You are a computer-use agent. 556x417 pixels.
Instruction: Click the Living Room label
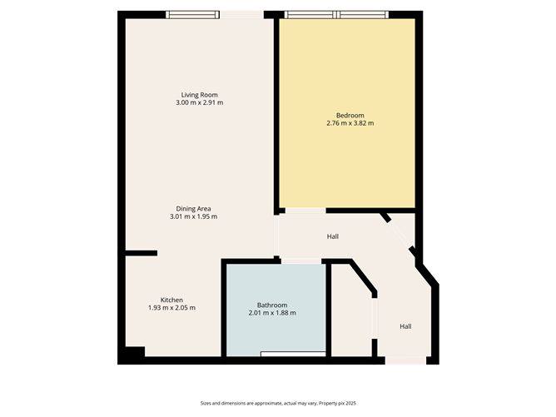pyautogui.click(x=200, y=94)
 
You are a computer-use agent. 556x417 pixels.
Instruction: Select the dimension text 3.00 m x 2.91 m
pyautogui.click(x=200, y=102)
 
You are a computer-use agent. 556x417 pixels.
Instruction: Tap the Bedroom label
pyautogui.click(x=350, y=115)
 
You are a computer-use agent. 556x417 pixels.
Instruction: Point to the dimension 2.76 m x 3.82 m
pyautogui.click(x=350, y=123)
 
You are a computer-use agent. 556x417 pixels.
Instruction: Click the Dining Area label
pyautogui.click(x=193, y=208)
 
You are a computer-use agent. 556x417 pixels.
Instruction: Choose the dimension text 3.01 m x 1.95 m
pyautogui.click(x=193, y=216)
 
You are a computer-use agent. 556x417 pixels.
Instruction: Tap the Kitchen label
pyautogui.click(x=171, y=300)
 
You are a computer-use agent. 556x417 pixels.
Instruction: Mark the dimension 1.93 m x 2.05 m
pyautogui.click(x=171, y=308)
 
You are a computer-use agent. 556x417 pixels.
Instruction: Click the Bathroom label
pyautogui.click(x=272, y=305)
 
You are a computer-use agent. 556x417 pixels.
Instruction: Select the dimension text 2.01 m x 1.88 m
pyautogui.click(x=272, y=313)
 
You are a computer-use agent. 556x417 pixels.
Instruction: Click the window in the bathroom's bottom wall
pyautogui.click(x=293, y=355)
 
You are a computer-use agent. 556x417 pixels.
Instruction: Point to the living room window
pyautogui.click(x=193, y=14)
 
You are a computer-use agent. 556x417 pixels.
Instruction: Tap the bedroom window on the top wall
pyautogui.click(x=337, y=14)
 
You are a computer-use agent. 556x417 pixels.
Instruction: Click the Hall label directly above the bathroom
pyautogui.click(x=333, y=237)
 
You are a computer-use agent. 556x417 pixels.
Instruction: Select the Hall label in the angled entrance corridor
pyautogui.click(x=405, y=326)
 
